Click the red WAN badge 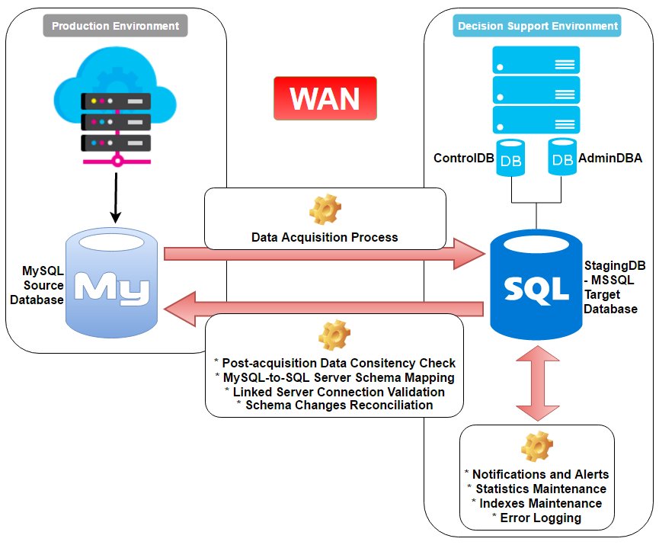click(x=325, y=98)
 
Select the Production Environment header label click(x=115, y=26)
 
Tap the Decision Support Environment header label click(x=538, y=26)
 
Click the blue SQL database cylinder click(x=536, y=287)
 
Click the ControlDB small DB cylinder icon click(x=511, y=158)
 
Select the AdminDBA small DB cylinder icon click(x=562, y=158)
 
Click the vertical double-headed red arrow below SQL click(x=537, y=383)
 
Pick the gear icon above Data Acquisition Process click(x=325, y=210)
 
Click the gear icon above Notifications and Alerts click(x=536, y=447)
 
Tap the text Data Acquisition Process click(x=325, y=237)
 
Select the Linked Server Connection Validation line click(x=334, y=391)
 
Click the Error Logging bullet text click(x=536, y=518)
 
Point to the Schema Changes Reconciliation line click(x=334, y=405)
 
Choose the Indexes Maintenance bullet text click(x=536, y=503)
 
